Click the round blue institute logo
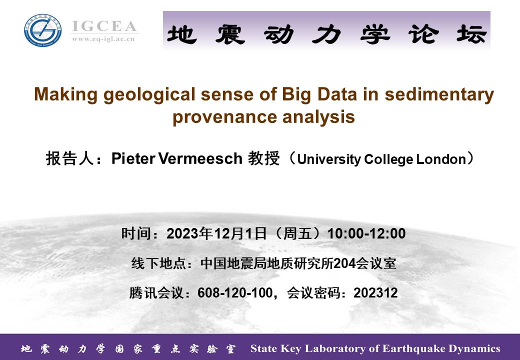coord(43,30)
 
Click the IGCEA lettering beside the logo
coord(104,26)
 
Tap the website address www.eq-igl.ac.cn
coord(103,39)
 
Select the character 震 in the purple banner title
coord(230,34)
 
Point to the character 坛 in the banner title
coord(471,34)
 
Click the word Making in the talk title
coord(65,94)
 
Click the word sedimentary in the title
coord(439,94)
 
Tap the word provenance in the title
coord(225,117)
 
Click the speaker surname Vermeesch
coord(200,158)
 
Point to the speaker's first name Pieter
coord(133,158)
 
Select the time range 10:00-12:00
coord(366,233)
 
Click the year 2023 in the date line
coord(182,233)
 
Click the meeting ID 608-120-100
coord(235,293)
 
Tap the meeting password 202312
coord(375,293)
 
